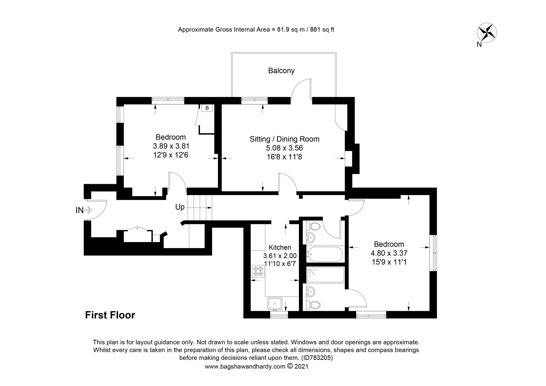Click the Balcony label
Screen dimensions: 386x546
click(281, 71)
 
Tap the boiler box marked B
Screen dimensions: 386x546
click(207, 108)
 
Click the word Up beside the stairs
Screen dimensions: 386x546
click(180, 207)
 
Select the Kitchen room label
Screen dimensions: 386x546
click(280, 247)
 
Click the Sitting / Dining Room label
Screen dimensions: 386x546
click(284, 139)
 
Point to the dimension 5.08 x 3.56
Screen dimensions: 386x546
click(284, 148)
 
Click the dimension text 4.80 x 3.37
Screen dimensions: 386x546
click(389, 253)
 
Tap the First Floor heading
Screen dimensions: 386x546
click(110, 315)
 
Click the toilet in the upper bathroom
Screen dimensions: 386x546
click(314, 226)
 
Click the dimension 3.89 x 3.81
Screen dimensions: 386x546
click(171, 146)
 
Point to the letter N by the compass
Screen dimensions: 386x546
click(479, 45)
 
